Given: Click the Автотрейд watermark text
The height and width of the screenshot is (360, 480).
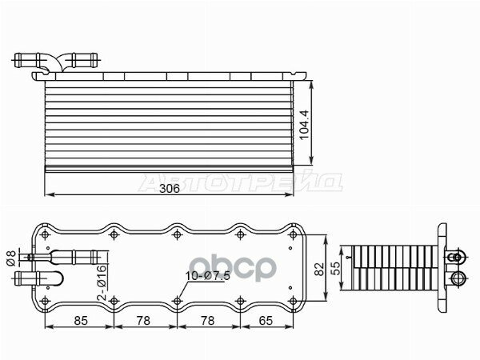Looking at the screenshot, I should (240, 182).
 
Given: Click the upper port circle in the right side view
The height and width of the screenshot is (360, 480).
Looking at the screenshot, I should (457, 258).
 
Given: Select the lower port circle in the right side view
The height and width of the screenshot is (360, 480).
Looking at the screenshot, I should (457, 278).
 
